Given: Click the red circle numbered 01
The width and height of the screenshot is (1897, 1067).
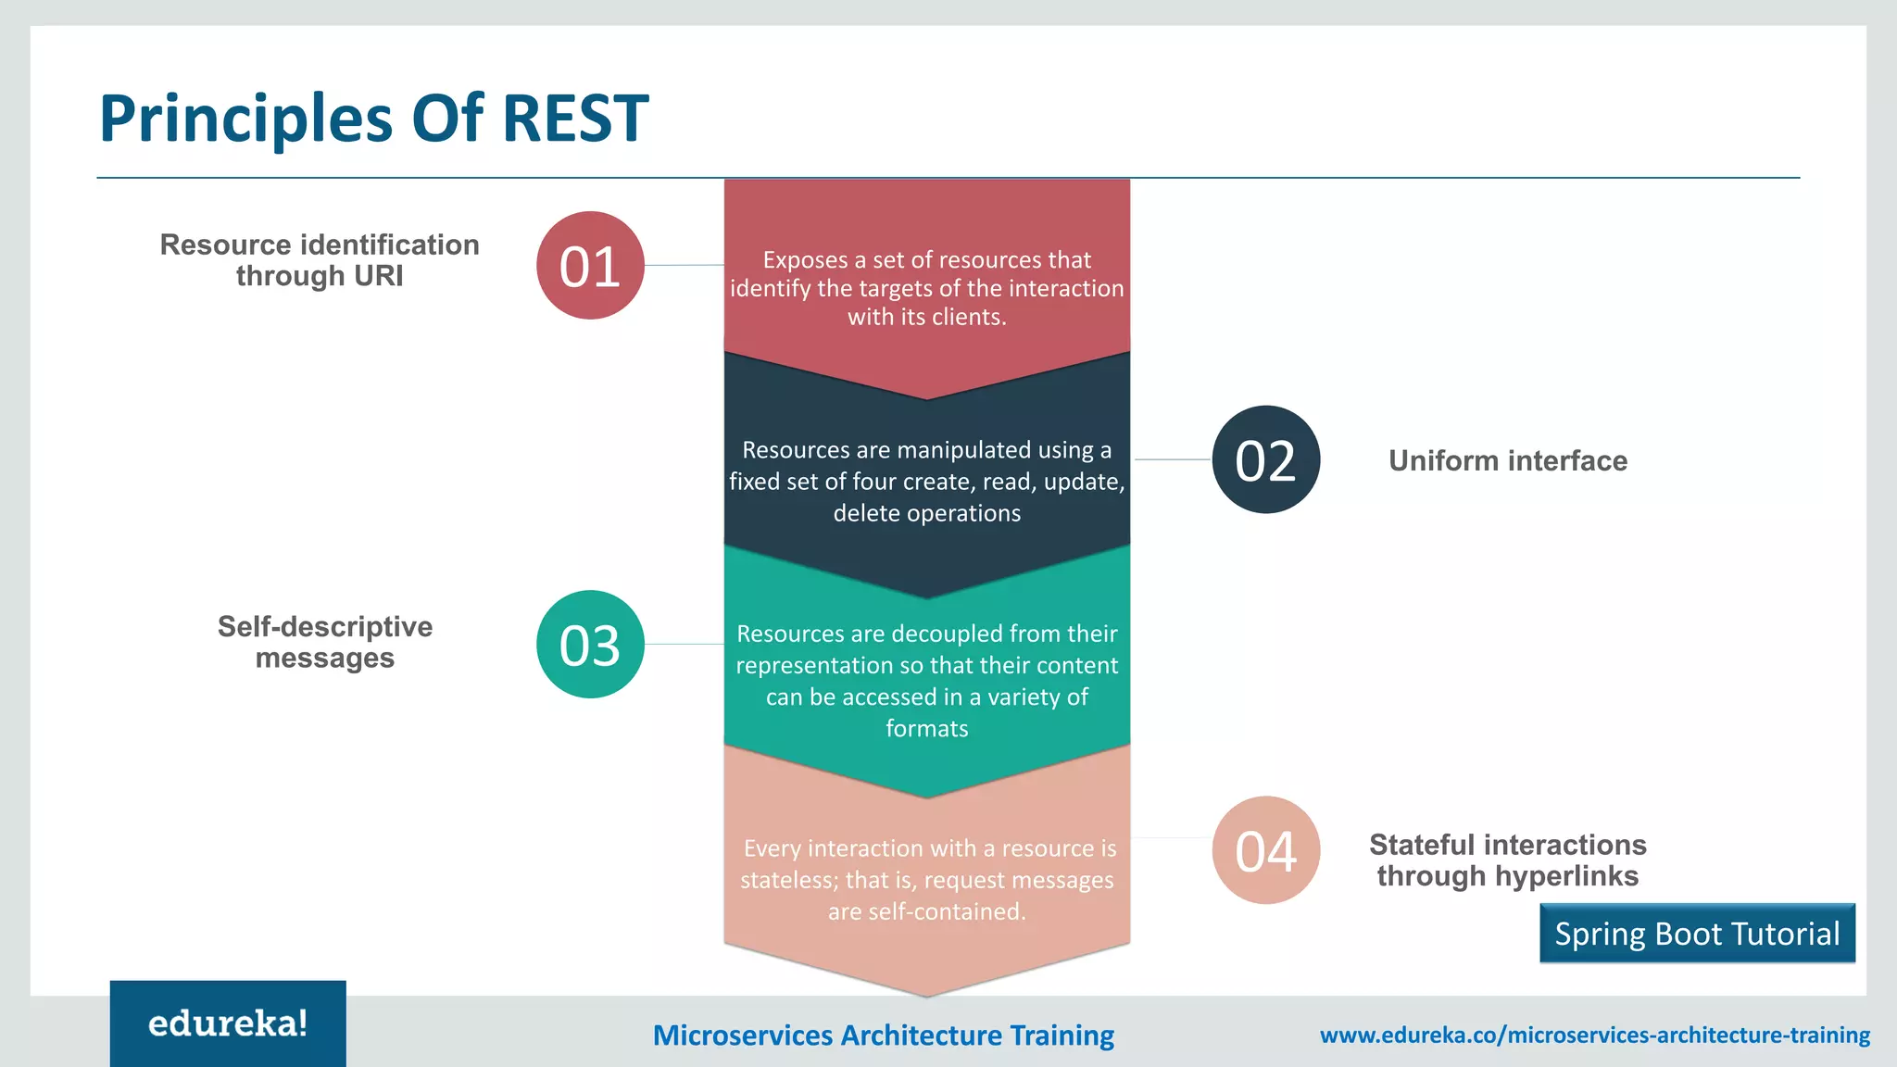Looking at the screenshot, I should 590,266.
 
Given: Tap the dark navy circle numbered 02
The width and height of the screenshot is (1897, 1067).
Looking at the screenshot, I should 1265,459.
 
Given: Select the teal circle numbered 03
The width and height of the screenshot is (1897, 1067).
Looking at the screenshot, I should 590,645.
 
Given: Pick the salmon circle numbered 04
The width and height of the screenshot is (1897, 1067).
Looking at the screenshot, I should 1265,850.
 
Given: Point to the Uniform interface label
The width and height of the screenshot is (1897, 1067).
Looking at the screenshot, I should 1507,460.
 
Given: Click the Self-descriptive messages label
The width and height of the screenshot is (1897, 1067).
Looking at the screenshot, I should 324,642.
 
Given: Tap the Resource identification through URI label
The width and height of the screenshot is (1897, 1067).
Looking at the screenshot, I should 320,260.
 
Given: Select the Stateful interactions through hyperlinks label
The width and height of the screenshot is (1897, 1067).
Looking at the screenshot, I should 1507,860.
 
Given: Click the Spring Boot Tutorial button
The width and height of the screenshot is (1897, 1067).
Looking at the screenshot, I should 1697,934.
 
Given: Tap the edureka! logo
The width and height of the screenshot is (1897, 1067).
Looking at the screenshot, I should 228,1023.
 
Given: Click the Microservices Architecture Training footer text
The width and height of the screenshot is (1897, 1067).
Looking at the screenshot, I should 883,1035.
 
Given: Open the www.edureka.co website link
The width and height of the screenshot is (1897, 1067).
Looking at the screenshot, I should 1594,1035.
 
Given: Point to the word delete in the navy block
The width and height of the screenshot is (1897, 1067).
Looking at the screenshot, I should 866,513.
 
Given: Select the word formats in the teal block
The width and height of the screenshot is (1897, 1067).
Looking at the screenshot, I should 926,729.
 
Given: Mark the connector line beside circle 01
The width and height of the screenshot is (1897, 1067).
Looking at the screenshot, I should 684,266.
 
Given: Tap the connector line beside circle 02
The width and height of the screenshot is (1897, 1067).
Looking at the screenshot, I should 1173,459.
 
